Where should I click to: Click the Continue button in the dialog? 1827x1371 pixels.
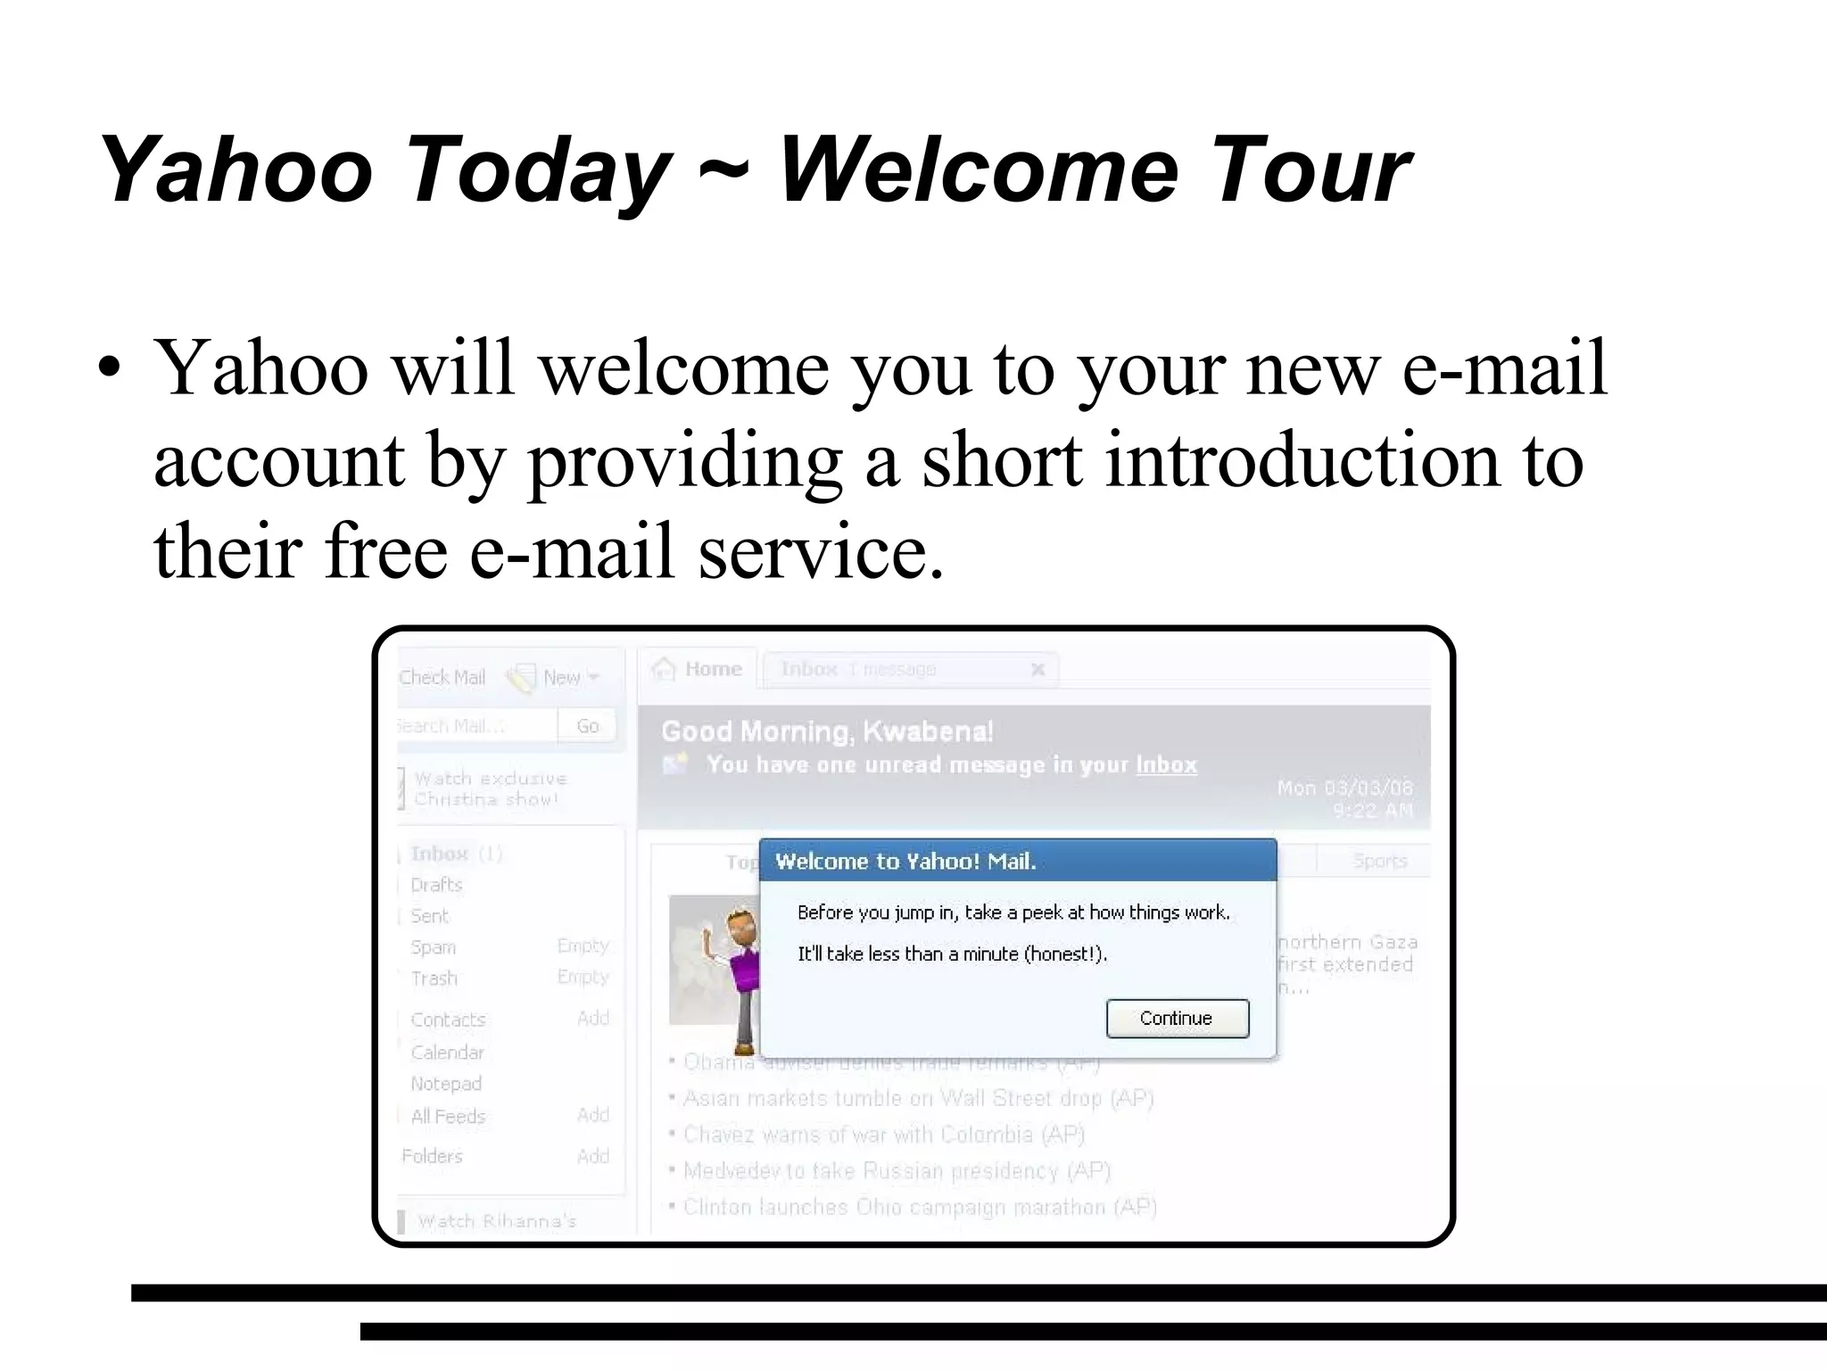point(1177,1019)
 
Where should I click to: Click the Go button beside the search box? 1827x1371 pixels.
point(587,726)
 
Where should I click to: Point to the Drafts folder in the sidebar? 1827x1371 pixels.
point(436,885)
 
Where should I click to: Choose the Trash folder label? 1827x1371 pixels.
point(434,979)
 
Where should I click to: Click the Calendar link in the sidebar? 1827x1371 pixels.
point(447,1053)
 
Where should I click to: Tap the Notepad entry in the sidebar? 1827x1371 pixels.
point(446,1084)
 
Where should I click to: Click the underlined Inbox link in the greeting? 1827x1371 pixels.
point(1166,765)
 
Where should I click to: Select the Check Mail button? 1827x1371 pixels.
point(442,678)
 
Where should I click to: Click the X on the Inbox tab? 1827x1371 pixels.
point(1038,669)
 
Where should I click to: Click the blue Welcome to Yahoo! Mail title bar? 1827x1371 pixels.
point(1017,861)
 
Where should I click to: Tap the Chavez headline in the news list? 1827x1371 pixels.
point(883,1135)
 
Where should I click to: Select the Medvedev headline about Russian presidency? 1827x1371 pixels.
point(897,1170)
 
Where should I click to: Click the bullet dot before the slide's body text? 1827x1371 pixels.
point(109,369)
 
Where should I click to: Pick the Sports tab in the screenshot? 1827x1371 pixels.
point(1379,861)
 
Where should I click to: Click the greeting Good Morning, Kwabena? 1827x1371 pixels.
point(827,731)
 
